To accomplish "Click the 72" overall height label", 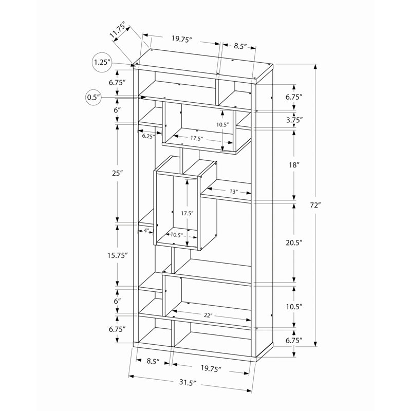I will click(x=315, y=205).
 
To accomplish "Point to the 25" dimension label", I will click(x=118, y=173).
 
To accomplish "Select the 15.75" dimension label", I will click(x=118, y=255).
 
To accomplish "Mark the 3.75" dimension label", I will click(x=294, y=120).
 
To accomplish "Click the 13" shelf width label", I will click(x=234, y=191).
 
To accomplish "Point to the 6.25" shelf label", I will click(x=147, y=136).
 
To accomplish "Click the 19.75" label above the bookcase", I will click(x=182, y=38).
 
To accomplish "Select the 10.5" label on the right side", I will click(x=294, y=306).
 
